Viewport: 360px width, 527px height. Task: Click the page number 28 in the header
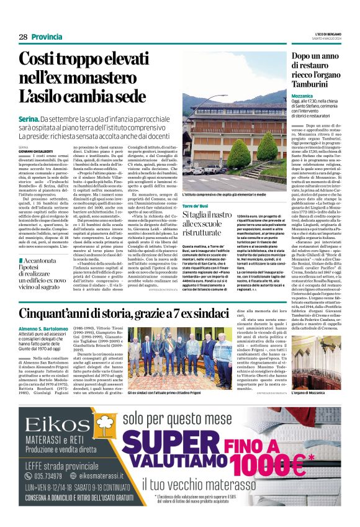pos(23,37)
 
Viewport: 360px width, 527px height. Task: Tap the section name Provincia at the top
pos(47,37)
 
